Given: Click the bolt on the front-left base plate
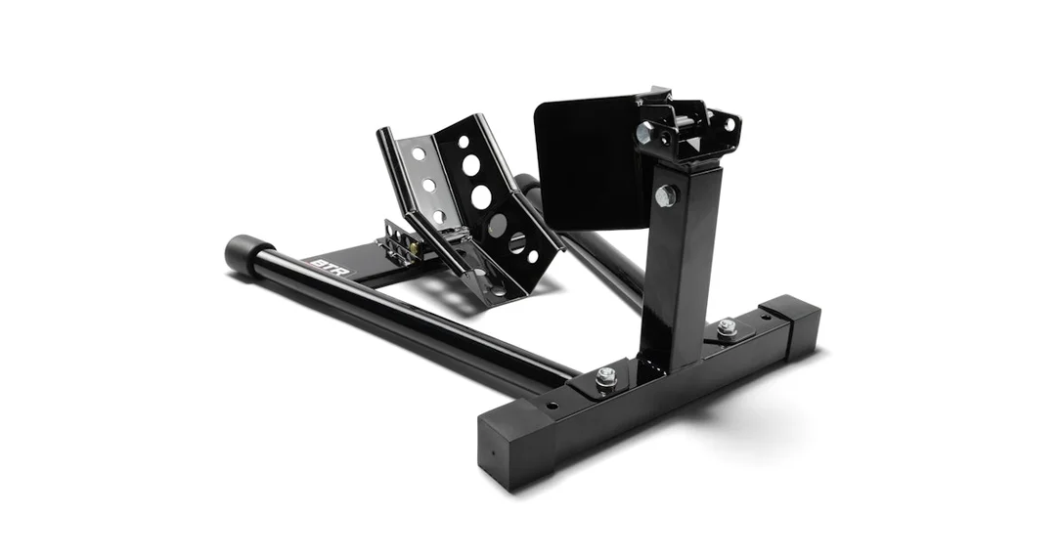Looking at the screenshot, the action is click(605, 378).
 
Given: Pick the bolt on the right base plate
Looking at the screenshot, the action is click(727, 326).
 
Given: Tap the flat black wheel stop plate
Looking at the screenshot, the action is click(586, 162).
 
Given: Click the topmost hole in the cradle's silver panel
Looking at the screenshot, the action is click(419, 153).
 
